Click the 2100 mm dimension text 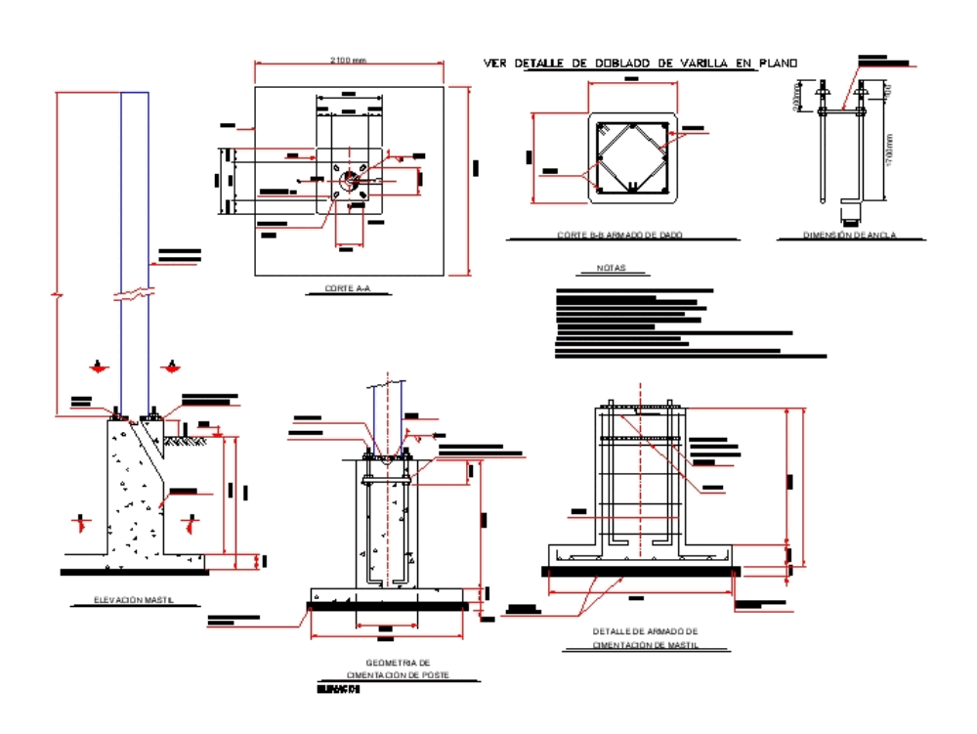click(348, 61)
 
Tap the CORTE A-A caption click(348, 288)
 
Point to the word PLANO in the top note click(778, 64)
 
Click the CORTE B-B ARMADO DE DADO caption click(620, 235)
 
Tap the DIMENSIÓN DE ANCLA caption click(849, 235)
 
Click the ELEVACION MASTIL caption click(133, 600)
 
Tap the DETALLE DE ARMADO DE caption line click(645, 631)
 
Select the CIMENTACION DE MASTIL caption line click(645, 645)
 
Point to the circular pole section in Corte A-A click(349, 181)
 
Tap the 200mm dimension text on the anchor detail click(796, 98)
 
